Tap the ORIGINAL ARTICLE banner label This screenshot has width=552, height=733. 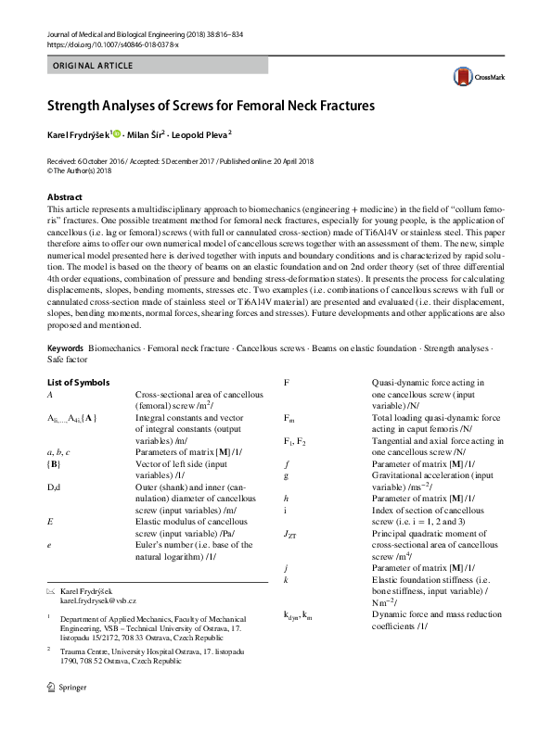click(93, 66)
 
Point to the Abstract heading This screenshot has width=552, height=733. click(65, 197)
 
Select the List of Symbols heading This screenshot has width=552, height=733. click(78, 382)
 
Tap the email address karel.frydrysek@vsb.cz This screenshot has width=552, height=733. click(98, 601)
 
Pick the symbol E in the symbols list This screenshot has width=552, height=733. click(49, 521)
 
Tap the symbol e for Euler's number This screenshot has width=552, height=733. click(49, 544)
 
